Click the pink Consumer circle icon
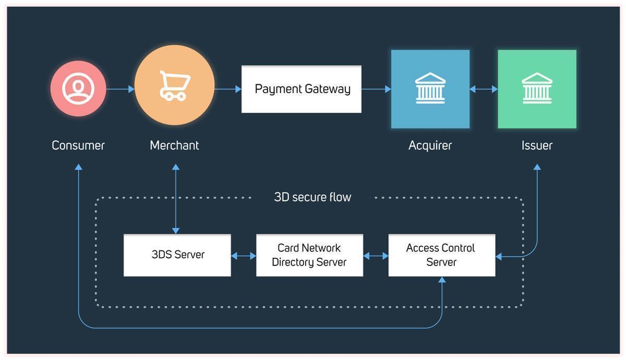pos(78,89)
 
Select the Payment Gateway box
pos(302,89)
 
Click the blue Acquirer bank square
pos(430,89)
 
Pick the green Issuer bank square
pos(537,89)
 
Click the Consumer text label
pos(78,146)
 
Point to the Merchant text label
pos(174,146)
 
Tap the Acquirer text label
pos(430,146)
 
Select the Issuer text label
pos(537,146)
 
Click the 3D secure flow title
pos(312,197)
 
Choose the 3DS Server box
pos(177,255)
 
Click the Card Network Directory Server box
pos(309,255)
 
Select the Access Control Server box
pos(441,255)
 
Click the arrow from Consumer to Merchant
pos(120,89)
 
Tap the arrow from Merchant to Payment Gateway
pos(228,89)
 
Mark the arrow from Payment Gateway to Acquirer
pos(376,89)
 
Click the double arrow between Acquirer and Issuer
pos(484,89)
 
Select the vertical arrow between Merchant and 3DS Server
pos(176,199)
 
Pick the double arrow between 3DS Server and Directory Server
pos(244,256)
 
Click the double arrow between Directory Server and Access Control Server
pos(376,256)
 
